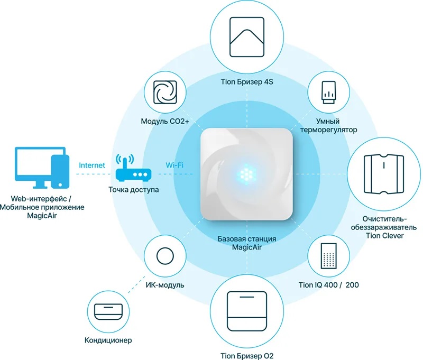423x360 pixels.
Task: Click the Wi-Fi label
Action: point(174,165)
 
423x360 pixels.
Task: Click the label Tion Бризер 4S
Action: point(247,82)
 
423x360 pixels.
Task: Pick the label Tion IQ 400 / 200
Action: point(329,286)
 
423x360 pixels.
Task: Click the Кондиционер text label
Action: point(108,340)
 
